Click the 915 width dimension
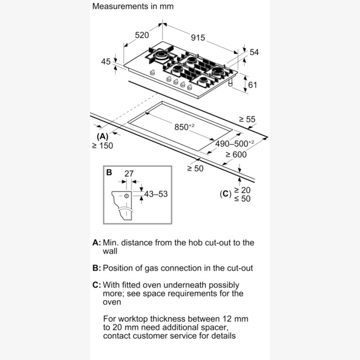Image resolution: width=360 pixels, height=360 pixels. [198, 38]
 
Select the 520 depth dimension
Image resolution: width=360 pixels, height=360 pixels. [142, 35]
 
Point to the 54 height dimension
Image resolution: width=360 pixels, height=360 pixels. [254, 53]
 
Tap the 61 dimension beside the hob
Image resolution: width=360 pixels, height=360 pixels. [253, 85]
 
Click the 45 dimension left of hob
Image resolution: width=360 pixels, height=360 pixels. [106, 61]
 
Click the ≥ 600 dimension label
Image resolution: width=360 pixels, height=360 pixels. [236, 155]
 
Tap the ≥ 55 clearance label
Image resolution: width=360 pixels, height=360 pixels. [247, 119]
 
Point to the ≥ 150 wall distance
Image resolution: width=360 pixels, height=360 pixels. [102, 146]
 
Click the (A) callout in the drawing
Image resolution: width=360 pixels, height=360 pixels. [103, 136]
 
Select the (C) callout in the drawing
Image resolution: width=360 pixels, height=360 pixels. [225, 193]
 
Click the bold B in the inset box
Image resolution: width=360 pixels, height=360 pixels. [109, 173]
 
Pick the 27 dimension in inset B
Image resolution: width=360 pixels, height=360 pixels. [128, 174]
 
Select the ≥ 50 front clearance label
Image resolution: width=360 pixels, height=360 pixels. [196, 169]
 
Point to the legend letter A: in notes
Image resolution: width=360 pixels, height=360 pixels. [97, 243]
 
